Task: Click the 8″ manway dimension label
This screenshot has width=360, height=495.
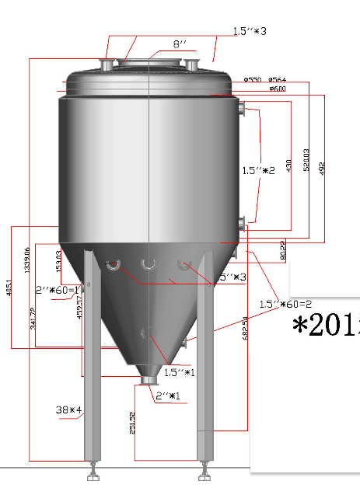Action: coord(180,45)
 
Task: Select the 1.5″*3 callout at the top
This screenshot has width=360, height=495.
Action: coord(250,32)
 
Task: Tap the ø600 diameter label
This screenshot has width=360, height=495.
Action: coord(278,89)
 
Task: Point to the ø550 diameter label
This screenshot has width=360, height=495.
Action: coord(252,79)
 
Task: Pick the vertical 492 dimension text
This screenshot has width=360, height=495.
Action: coord(321,167)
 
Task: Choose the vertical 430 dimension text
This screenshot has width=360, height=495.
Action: coord(288,166)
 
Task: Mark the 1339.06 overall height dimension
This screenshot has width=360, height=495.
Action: coord(27,261)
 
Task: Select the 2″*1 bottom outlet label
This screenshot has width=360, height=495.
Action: coord(168,396)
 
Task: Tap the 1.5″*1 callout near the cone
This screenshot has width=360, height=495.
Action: coord(178,372)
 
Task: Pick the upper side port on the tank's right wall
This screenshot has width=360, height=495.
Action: coord(243,109)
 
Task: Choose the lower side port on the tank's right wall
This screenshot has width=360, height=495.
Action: coord(243,225)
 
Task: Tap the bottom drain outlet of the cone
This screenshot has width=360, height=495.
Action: coord(145,379)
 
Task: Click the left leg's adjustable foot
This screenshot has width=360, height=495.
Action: coord(93,470)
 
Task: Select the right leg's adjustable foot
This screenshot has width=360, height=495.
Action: coord(205,470)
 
